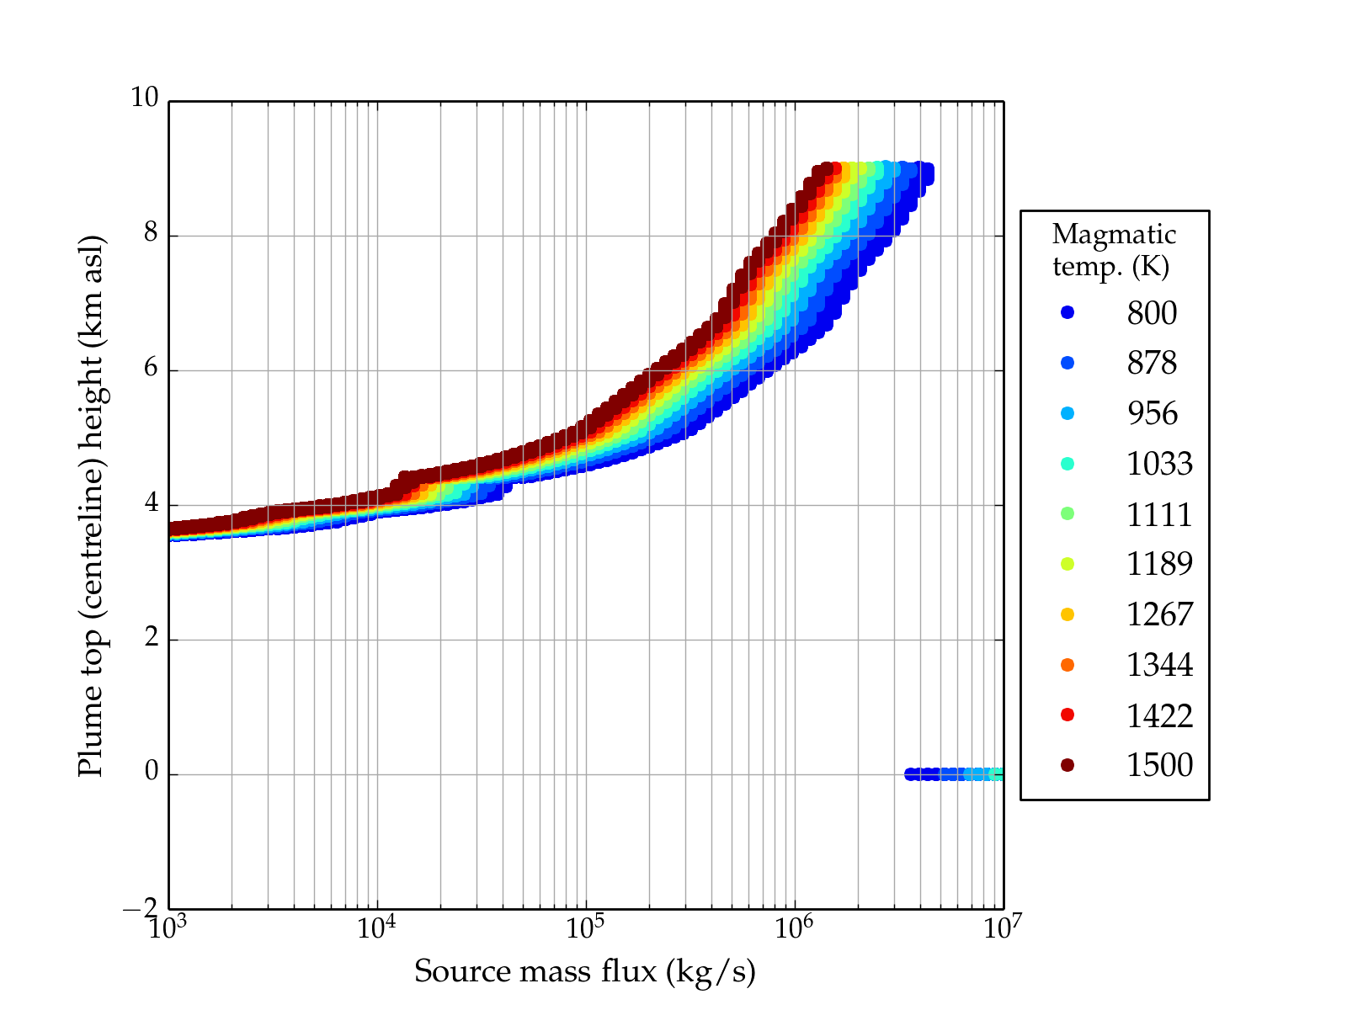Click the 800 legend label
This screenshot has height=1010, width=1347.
pos(1152,313)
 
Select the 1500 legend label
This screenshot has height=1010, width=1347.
pos(1159,765)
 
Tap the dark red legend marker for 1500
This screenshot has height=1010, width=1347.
pos(1067,765)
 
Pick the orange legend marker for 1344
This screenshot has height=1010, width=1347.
pos(1067,665)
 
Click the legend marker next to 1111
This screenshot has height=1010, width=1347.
pos(1067,513)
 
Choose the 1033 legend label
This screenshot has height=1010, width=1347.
pos(1159,464)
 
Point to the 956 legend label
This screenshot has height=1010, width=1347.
pos(1152,413)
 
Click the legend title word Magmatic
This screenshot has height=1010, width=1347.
pos(1114,234)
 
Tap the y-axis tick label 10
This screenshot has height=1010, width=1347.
pos(144,98)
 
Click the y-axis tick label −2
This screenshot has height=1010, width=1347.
pos(140,908)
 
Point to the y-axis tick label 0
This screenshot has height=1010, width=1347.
pos(151,772)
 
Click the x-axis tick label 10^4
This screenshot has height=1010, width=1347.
pos(376,928)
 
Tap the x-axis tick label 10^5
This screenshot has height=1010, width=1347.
pos(585,928)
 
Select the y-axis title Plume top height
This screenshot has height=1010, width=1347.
pos(90,505)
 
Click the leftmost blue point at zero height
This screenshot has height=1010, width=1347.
pos(910,774)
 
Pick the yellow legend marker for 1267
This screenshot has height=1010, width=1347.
pos(1067,614)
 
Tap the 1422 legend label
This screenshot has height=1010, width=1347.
pos(1159,715)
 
